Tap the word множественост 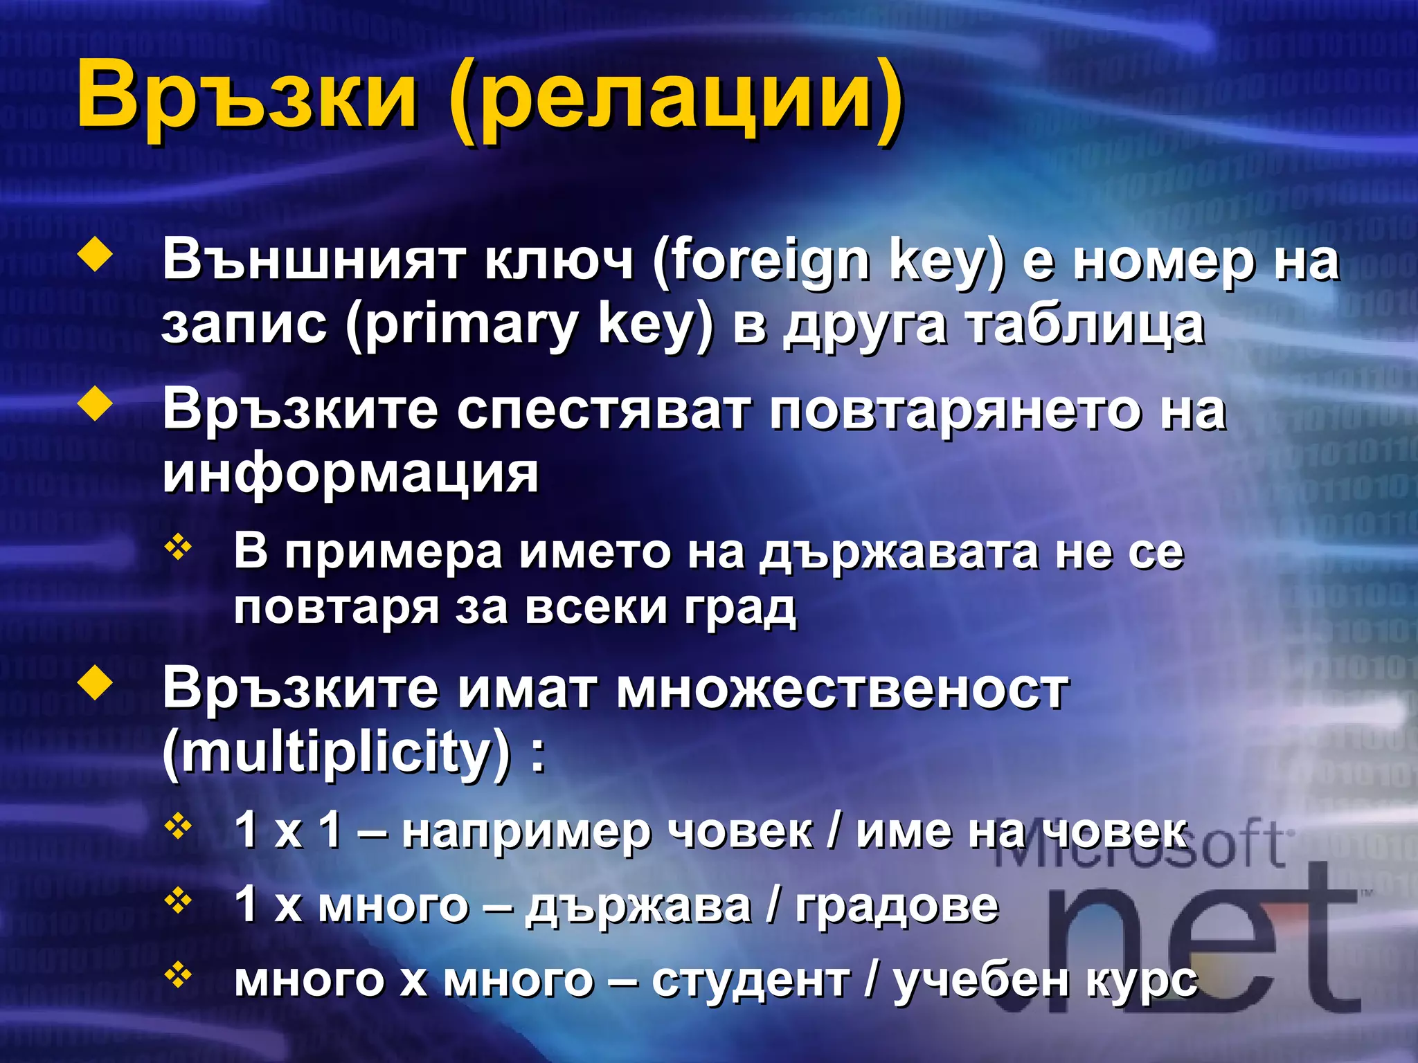[842, 689]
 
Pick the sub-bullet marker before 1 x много [179, 900]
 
